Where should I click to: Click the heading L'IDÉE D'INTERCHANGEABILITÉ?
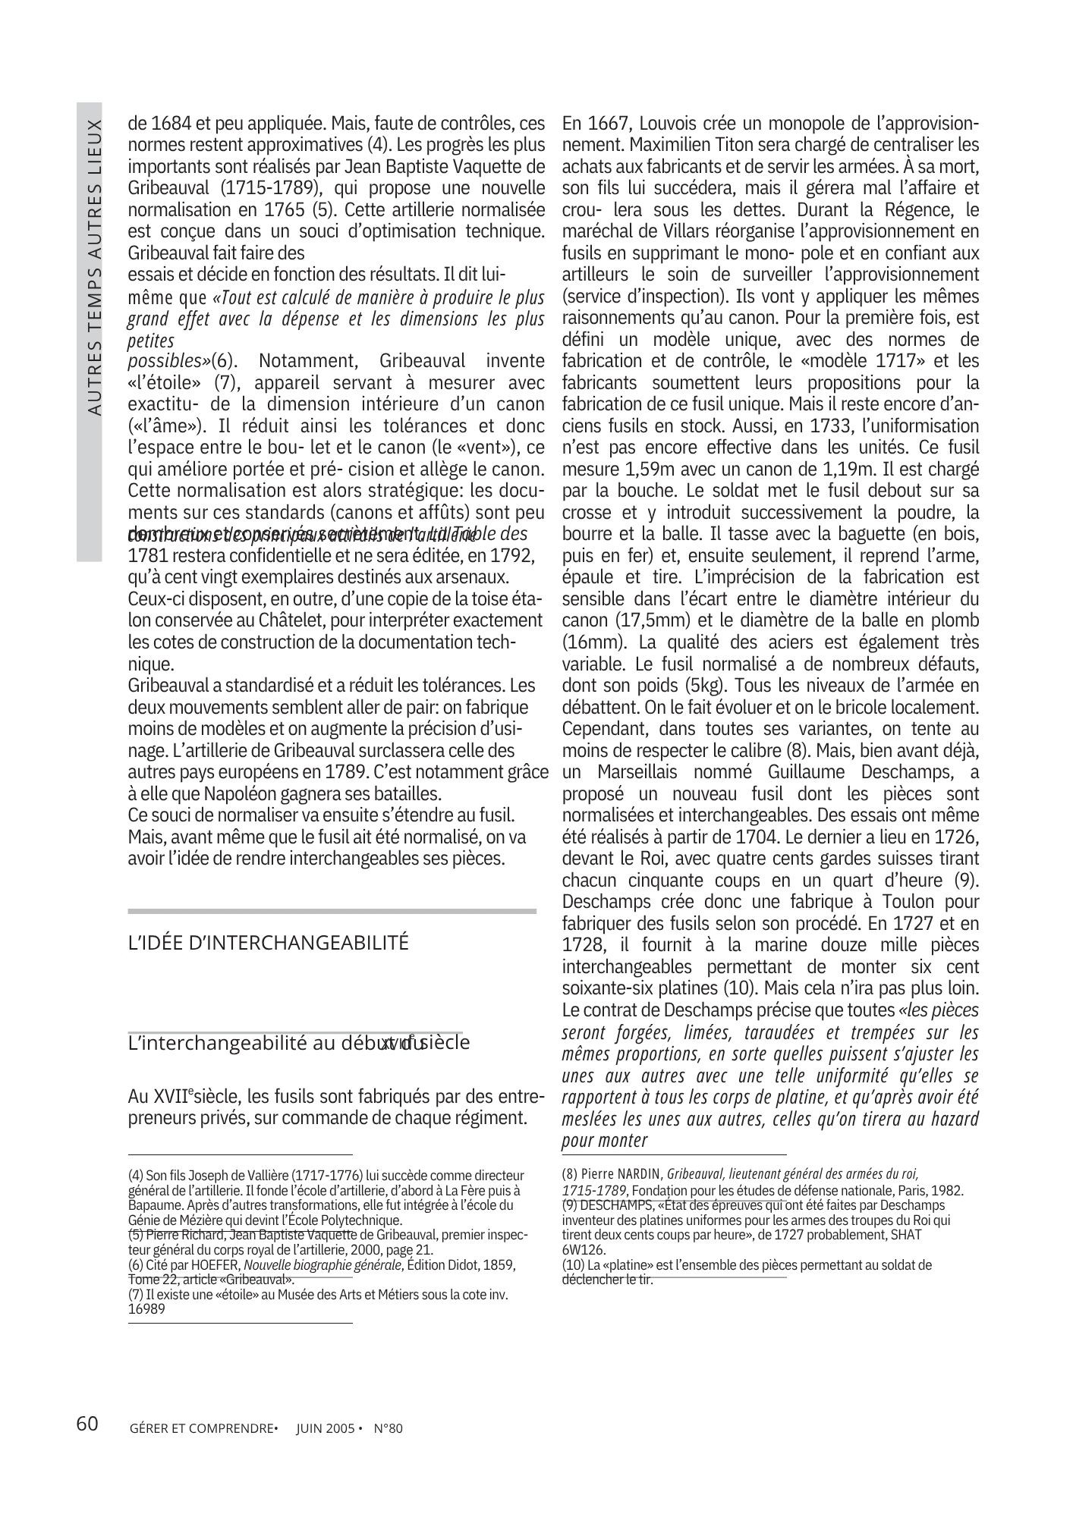click(269, 943)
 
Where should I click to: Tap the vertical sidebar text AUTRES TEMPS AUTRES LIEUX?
click(94, 266)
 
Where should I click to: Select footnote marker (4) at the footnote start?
click(136, 1176)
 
